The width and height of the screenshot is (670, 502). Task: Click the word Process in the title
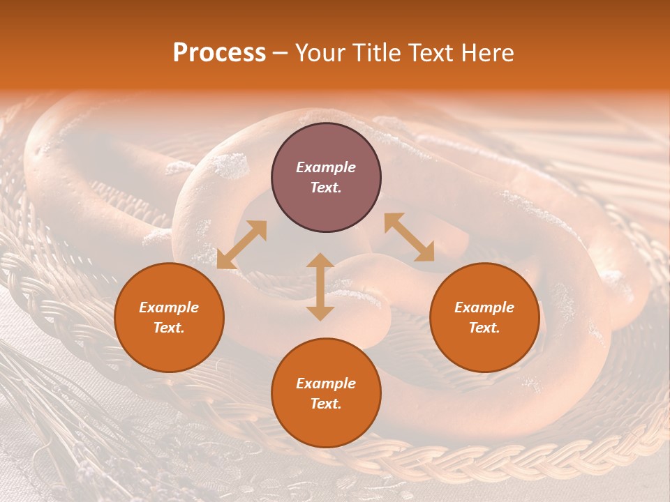pos(219,53)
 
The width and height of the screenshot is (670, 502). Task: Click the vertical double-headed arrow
pos(320,287)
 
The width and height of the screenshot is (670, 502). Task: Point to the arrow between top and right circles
pos(409,237)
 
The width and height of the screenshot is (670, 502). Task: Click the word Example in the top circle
pos(326,167)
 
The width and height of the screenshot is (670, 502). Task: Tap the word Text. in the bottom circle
pos(326,404)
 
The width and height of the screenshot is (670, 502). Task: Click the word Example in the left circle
pos(169,307)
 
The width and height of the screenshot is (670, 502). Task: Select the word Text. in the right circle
pos(484,328)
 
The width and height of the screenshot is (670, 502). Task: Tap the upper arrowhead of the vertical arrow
pos(320,260)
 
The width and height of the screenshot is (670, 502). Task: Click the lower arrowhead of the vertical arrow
pos(320,313)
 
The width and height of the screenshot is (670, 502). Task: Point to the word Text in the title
pos(430,53)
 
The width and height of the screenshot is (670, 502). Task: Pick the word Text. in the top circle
pos(326,188)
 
